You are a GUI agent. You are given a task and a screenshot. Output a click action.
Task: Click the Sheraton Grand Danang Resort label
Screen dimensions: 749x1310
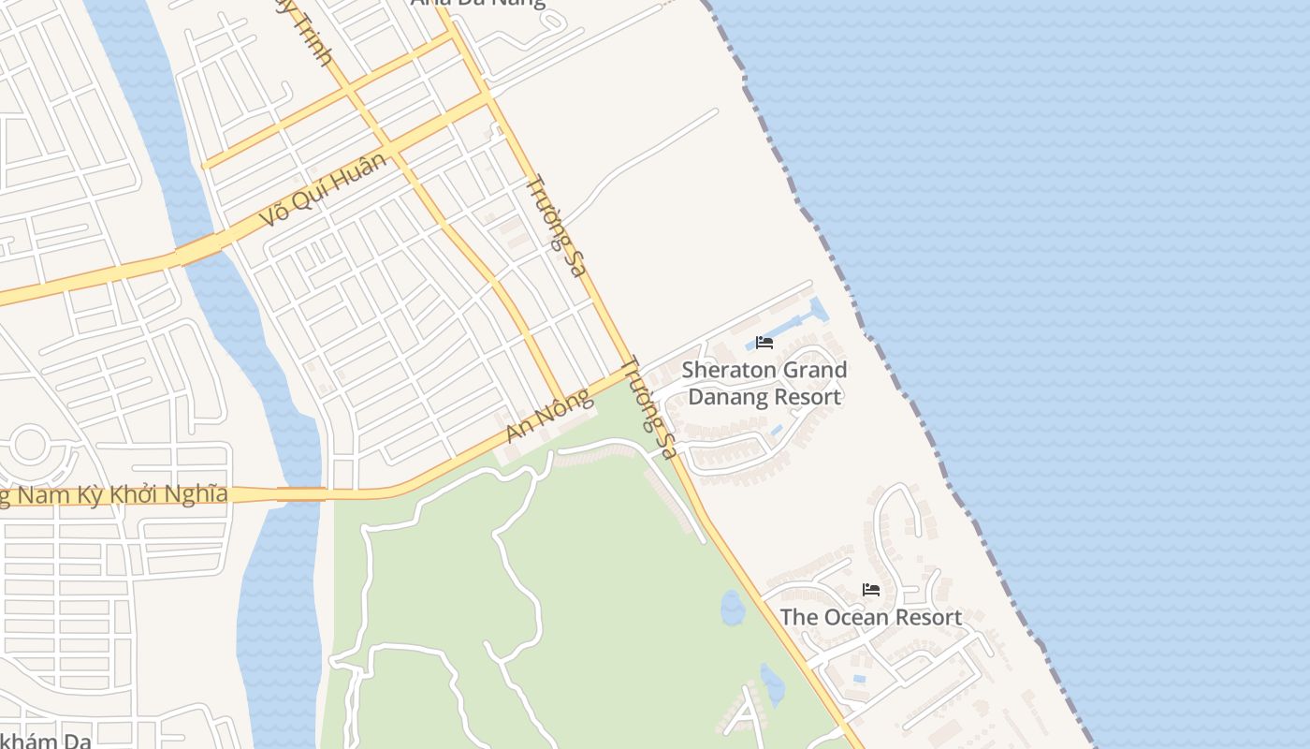[x=764, y=383]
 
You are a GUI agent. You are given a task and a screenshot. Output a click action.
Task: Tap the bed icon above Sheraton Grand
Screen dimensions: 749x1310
[x=764, y=342]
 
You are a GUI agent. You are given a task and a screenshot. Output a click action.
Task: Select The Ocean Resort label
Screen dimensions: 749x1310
[x=870, y=617]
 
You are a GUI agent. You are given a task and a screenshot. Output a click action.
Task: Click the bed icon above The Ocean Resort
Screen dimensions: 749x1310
[x=871, y=590]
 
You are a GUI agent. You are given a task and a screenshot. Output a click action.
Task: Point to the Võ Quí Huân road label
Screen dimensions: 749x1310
[x=322, y=191]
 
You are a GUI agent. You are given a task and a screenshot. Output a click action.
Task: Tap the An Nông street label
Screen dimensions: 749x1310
[x=549, y=417]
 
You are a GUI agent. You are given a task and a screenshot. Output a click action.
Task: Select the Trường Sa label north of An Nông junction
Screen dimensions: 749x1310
[x=556, y=226]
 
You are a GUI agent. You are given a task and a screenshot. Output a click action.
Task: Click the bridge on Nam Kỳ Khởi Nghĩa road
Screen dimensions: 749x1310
[x=301, y=493]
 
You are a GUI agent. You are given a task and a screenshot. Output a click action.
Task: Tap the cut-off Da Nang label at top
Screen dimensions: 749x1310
[x=477, y=3]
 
